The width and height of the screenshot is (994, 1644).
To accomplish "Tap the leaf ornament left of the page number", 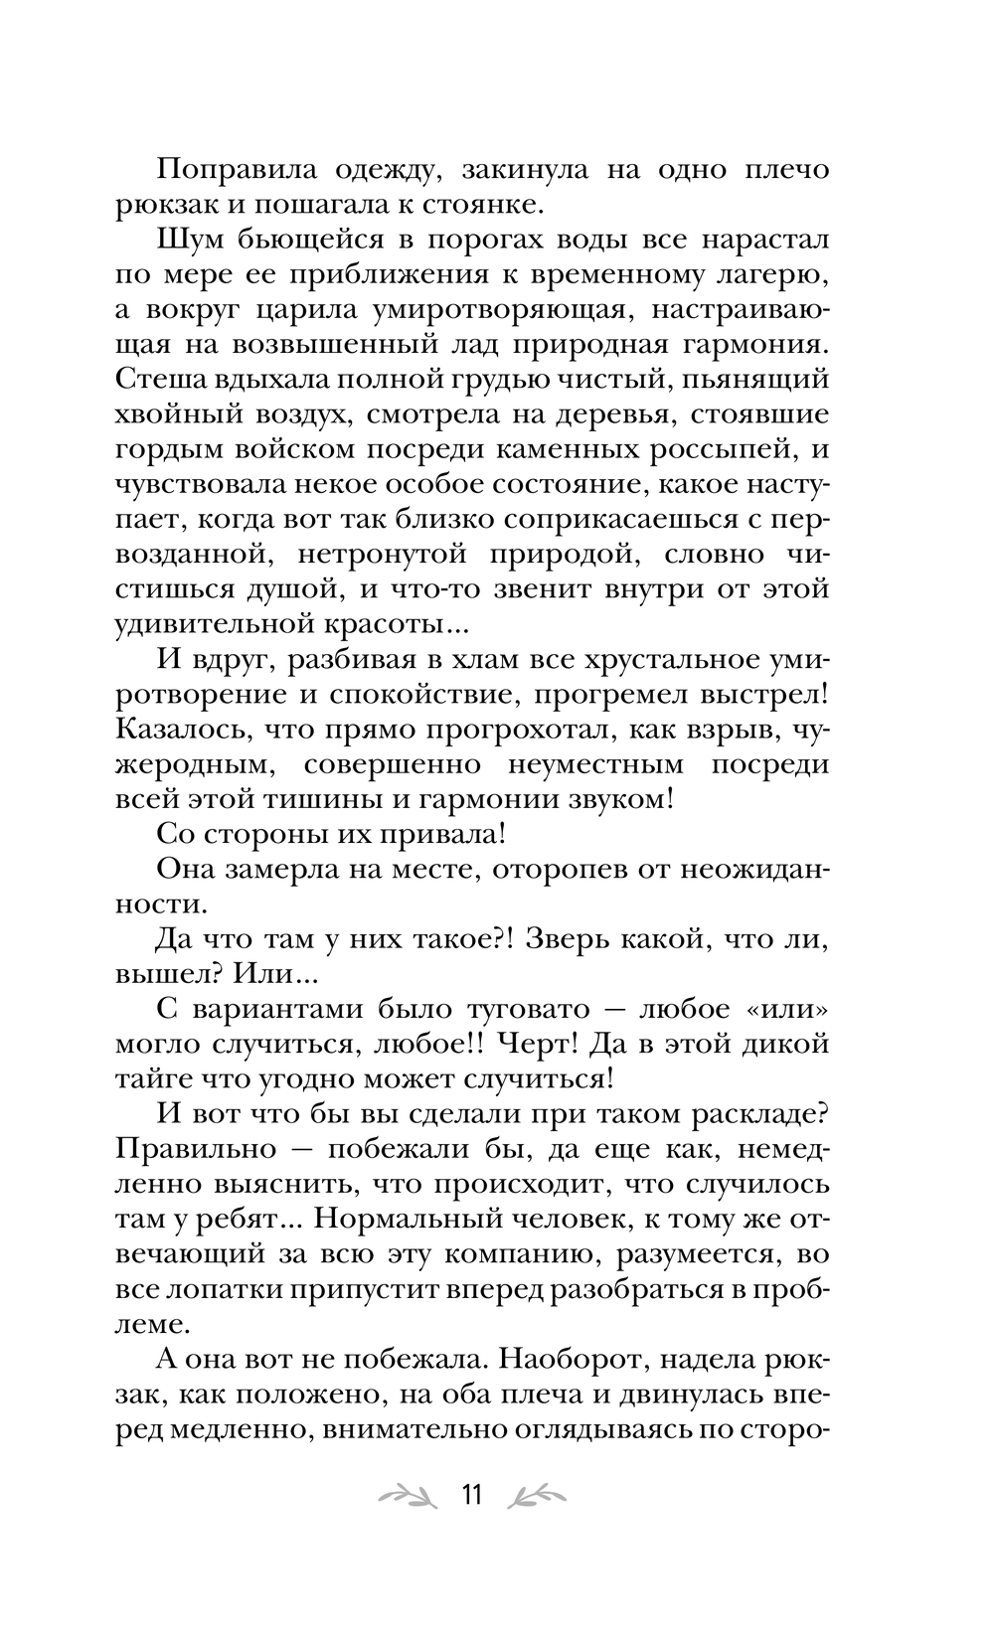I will click(x=407, y=1495).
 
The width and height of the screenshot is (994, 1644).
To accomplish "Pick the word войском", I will click(x=286, y=450).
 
